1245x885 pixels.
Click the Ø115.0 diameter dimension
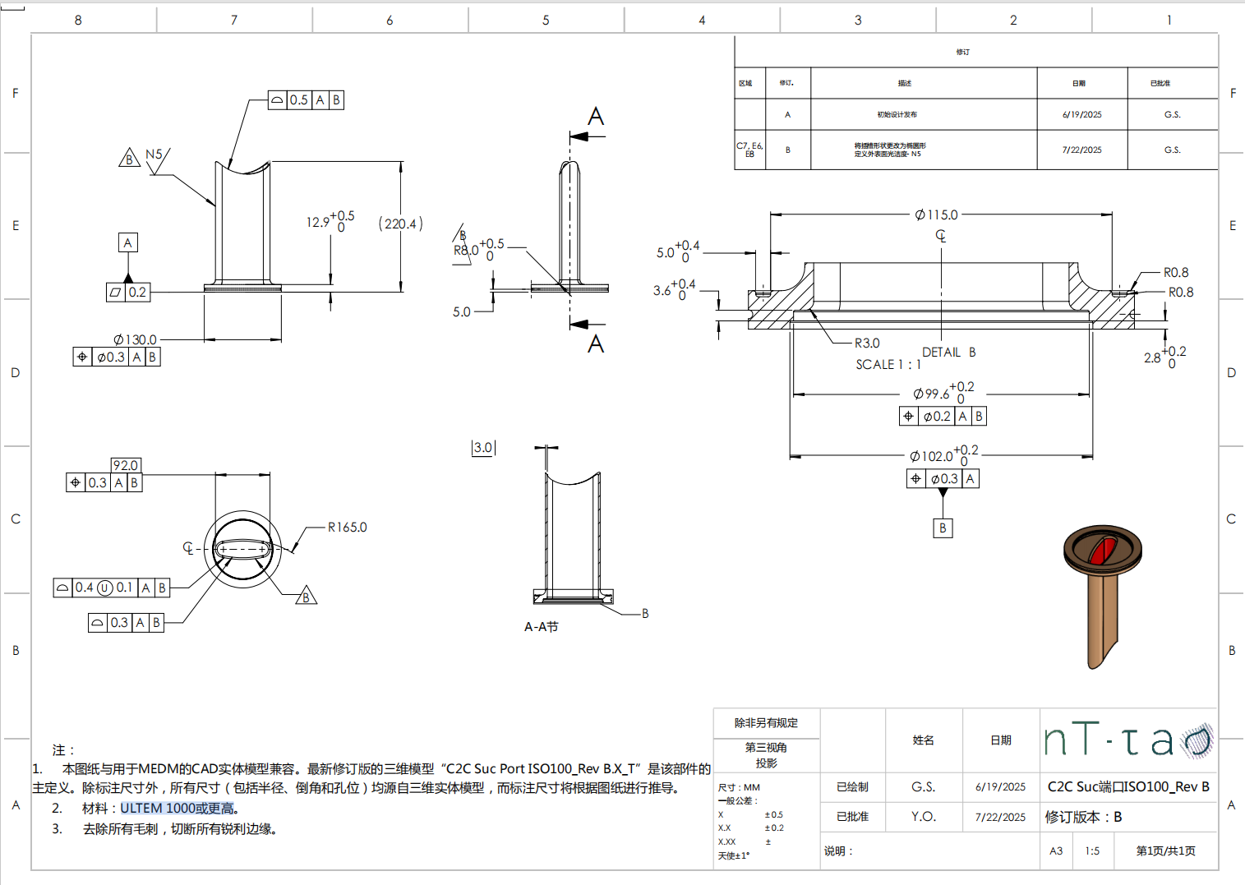click(937, 214)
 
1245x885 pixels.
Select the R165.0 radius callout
click(347, 528)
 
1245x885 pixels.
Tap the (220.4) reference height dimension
click(400, 224)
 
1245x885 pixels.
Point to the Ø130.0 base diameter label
click(135, 339)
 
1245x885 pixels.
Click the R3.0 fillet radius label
click(866, 343)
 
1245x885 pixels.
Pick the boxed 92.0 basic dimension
click(126, 465)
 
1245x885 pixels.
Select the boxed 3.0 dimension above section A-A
click(482, 448)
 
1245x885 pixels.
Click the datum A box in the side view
click(127, 242)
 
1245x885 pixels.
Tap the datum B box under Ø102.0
click(943, 528)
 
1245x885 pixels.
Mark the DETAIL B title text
click(948, 353)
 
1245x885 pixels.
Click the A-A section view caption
click(541, 627)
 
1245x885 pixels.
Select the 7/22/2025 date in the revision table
click(1081, 150)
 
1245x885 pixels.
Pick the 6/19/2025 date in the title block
click(1000, 786)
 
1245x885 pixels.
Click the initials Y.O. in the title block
click(923, 816)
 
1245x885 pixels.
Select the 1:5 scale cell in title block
click(1091, 850)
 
